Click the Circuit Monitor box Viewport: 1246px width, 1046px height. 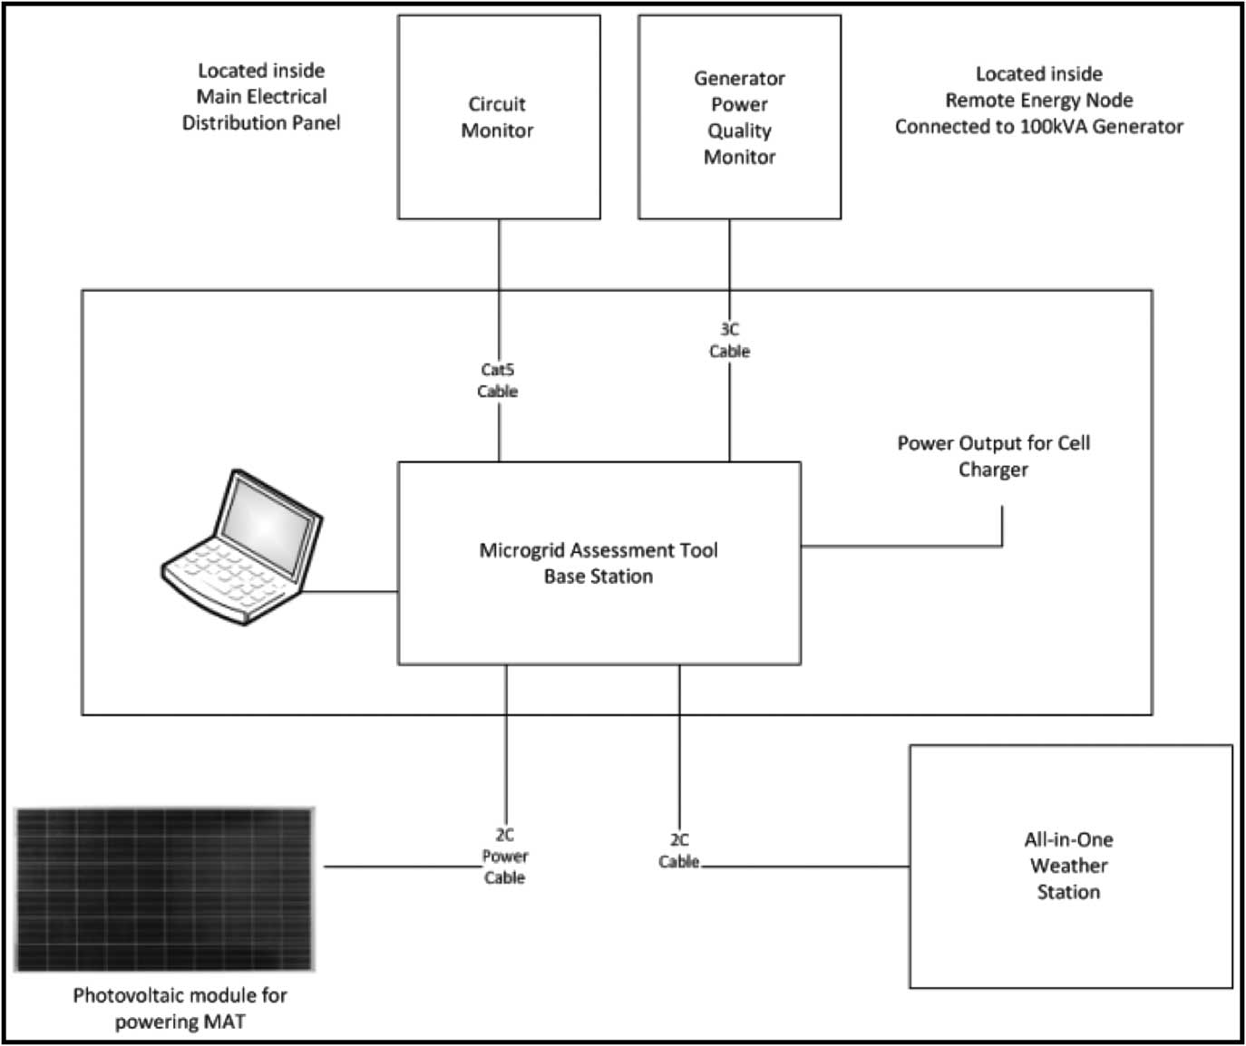click(499, 117)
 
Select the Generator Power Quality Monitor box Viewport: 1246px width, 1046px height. click(739, 117)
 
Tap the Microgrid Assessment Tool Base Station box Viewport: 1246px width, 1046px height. click(599, 563)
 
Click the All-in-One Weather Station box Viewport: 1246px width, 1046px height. click(1070, 866)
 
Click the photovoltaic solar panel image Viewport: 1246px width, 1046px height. click(164, 889)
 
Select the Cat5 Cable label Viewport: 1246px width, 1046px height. click(498, 381)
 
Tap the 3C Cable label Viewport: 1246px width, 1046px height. click(729, 340)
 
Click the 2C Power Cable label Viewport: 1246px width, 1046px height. click(504, 857)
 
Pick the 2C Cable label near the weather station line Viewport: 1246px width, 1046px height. click(679, 851)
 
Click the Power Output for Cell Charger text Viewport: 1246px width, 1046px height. click(994, 456)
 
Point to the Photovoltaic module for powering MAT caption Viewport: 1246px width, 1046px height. click(180, 1008)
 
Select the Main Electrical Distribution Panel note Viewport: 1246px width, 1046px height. click(261, 96)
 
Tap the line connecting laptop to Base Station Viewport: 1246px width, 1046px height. click(352, 592)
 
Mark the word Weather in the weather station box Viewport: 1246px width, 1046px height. click(1069, 866)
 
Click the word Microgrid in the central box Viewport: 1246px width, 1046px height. click(519, 550)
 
